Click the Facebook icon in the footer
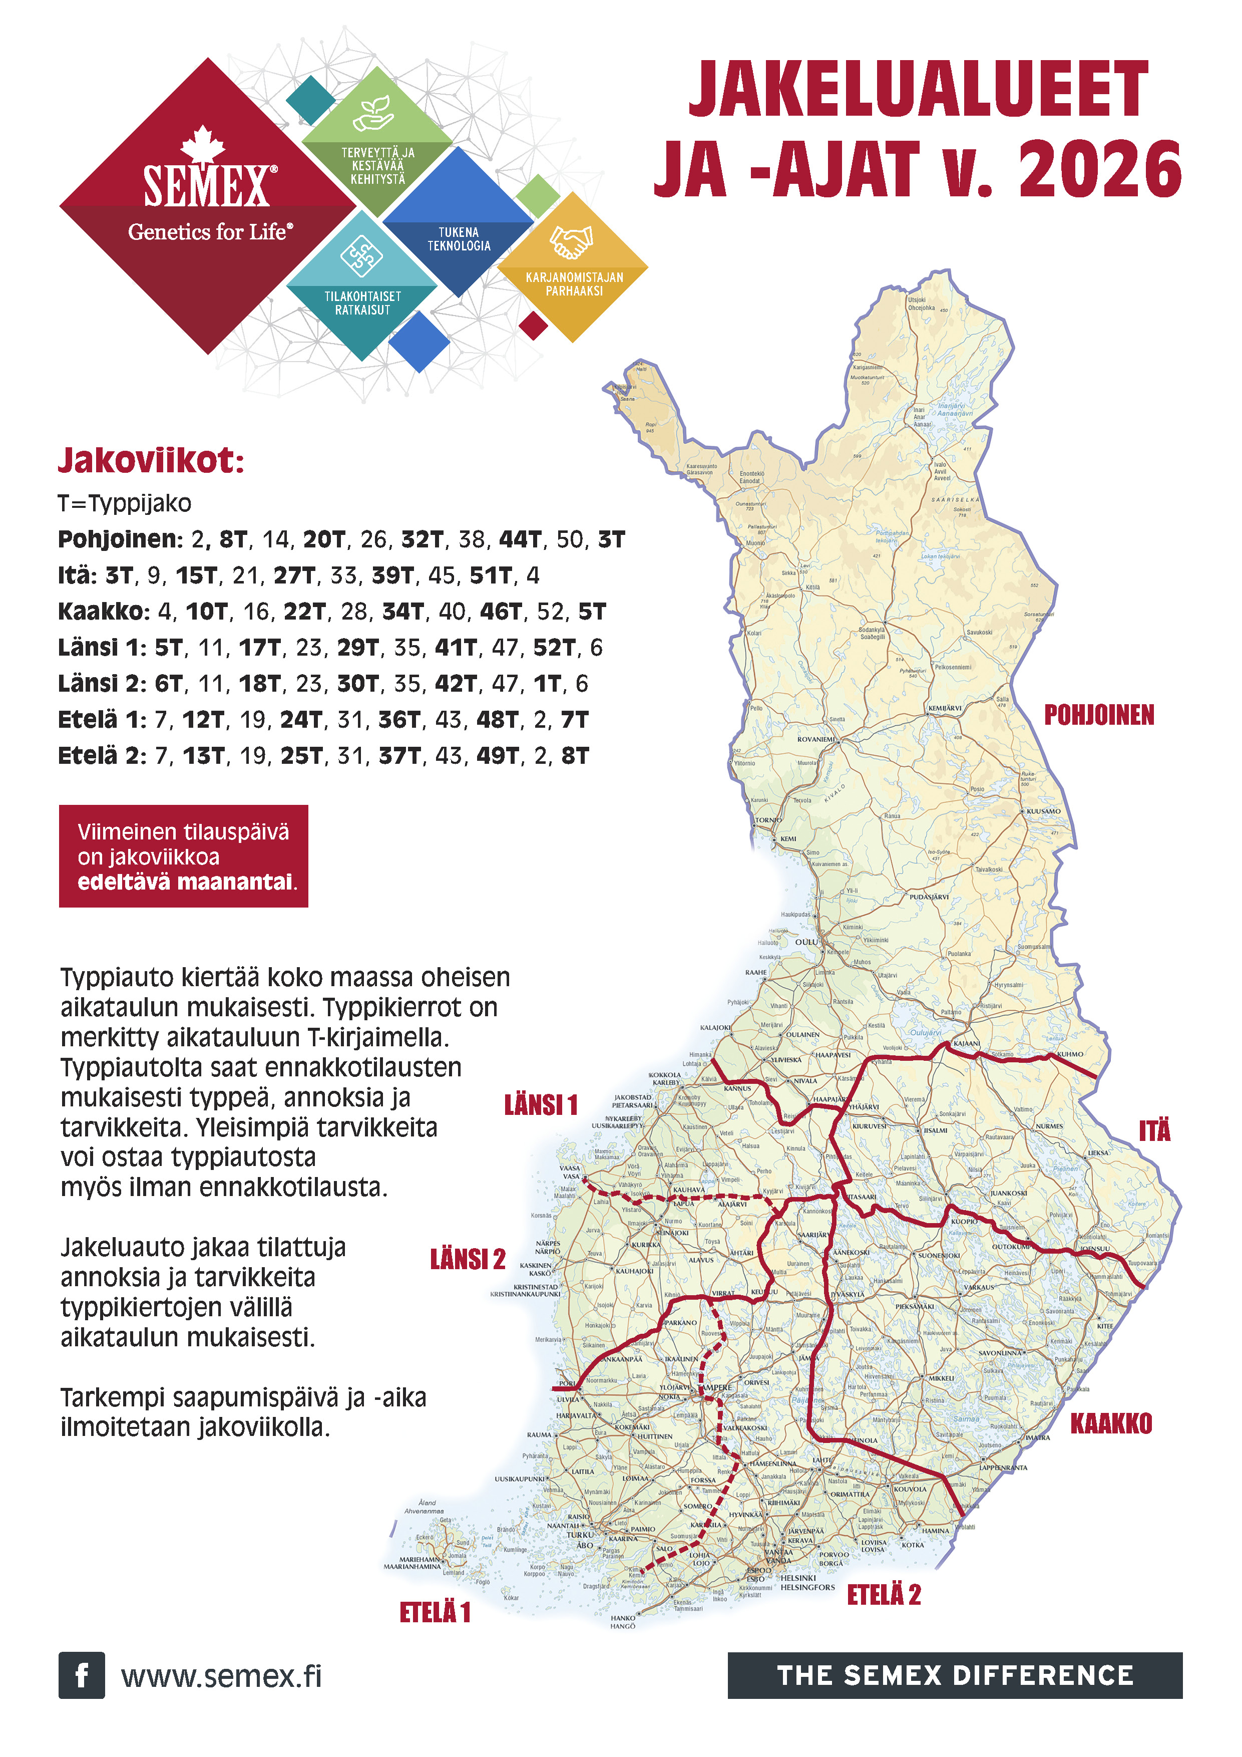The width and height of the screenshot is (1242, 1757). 81,1675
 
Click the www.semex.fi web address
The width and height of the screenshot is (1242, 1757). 221,1676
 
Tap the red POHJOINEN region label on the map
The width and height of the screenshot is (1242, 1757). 1099,716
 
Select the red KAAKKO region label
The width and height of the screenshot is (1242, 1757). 1110,1424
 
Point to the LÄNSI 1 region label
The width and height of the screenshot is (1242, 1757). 541,1105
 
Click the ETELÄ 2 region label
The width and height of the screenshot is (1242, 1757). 884,1595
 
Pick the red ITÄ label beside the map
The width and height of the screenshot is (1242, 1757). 1154,1131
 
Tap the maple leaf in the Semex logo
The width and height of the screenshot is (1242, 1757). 203,144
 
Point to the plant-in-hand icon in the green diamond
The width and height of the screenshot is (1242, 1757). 374,113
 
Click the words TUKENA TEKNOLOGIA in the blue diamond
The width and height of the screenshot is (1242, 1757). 459,239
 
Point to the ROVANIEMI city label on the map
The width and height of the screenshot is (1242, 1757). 815,739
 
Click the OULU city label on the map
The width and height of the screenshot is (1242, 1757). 806,941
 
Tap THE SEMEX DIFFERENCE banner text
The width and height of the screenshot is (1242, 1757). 955,1675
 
